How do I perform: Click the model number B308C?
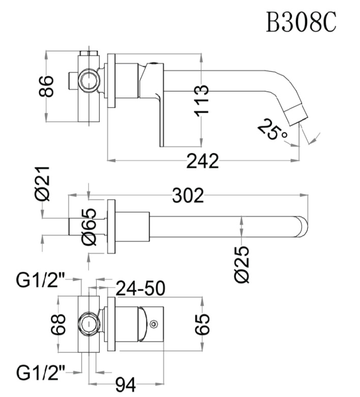(301, 22)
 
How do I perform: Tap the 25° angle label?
(273, 130)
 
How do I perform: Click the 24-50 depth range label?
(140, 288)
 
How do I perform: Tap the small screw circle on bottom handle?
(154, 322)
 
